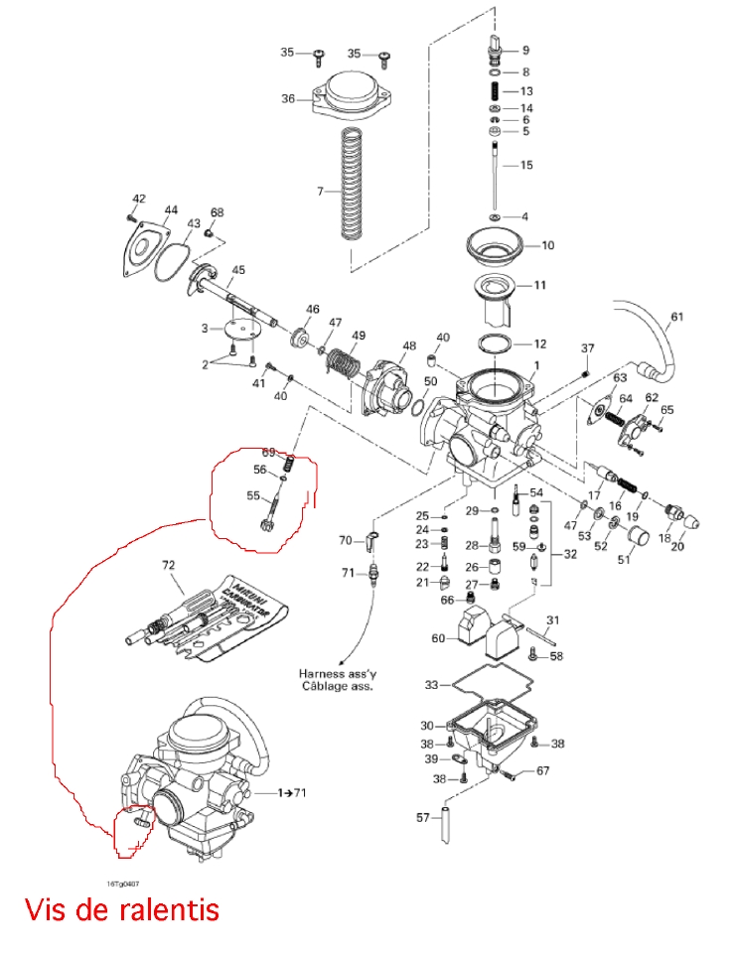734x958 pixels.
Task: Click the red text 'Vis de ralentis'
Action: click(x=121, y=909)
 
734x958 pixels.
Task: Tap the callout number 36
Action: click(x=288, y=98)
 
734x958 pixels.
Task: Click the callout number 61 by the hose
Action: click(x=676, y=318)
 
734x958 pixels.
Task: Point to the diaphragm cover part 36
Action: click(x=353, y=98)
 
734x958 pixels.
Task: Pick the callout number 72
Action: click(x=168, y=565)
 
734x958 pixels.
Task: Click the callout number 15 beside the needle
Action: click(x=526, y=165)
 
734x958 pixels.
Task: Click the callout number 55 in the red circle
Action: click(x=252, y=495)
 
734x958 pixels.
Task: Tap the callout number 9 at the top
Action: click(x=525, y=50)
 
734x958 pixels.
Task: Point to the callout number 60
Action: click(x=438, y=638)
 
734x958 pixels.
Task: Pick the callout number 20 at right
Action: click(x=678, y=545)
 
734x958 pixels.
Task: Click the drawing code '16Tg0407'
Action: click(x=123, y=883)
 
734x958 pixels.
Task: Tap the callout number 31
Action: click(x=552, y=620)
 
